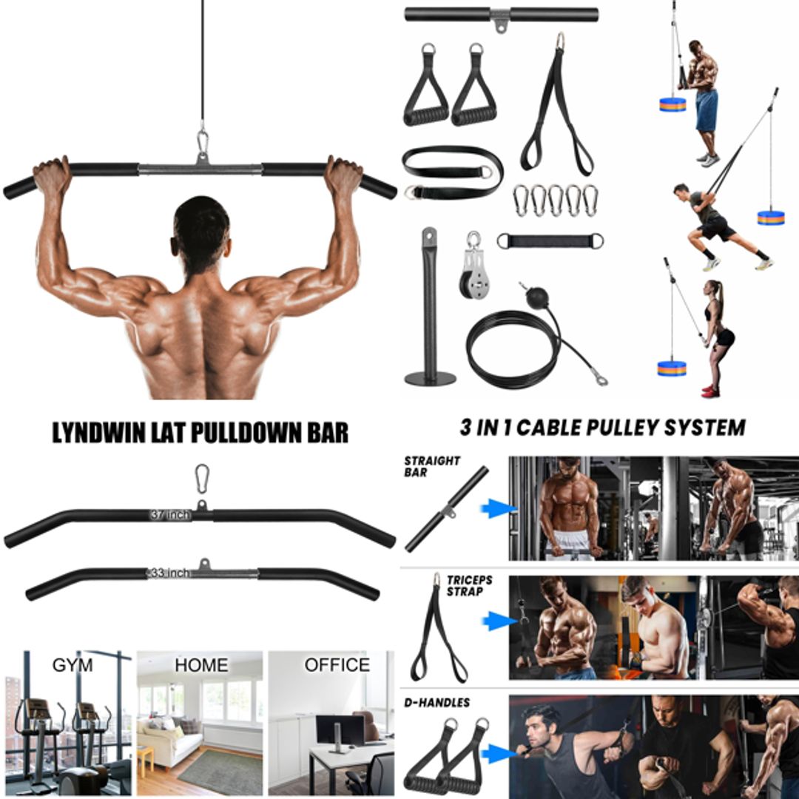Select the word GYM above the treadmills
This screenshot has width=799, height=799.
tap(73, 665)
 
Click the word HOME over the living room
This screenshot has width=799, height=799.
tap(201, 665)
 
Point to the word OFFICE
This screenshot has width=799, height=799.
tap(337, 665)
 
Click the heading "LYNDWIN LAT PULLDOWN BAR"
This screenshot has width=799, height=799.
tap(200, 433)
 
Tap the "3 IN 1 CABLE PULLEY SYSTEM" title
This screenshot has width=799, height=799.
tap(602, 427)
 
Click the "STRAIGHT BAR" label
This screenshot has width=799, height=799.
tap(431, 466)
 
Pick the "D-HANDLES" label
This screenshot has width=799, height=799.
tap(436, 702)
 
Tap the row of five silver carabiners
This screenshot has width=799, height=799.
tap(555, 200)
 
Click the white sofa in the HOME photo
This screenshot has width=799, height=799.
tap(166, 744)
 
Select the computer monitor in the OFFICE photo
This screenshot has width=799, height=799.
tap(340, 731)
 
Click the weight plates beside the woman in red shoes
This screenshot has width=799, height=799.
tap(672, 368)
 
